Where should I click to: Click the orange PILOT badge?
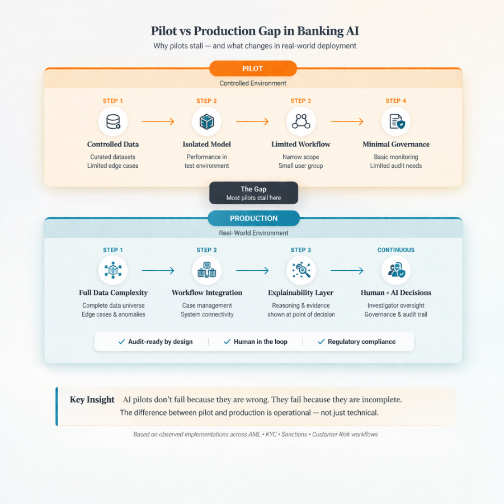coord(253,69)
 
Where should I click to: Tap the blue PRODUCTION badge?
coord(253,218)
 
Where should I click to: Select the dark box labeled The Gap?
coord(253,193)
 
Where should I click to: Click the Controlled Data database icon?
coord(113,121)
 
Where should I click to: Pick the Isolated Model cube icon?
coord(206,121)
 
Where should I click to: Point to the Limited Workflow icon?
coord(301,121)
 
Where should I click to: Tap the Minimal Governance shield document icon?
coord(396,121)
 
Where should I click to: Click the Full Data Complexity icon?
coord(113,270)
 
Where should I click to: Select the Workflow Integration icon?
coord(206,270)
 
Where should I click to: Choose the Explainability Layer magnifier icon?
coord(301,270)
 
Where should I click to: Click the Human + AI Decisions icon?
coord(396,270)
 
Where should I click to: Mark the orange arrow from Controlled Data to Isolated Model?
coord(158,121)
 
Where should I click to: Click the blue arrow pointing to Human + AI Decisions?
coord(347,271)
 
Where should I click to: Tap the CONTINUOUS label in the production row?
coord(396,250)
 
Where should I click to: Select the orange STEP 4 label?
coord(396,101)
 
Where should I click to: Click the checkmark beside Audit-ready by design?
coord(121,342)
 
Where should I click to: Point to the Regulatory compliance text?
coord(361,342)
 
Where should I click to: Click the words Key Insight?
coord(92,400)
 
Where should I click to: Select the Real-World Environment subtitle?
coord(253,233)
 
